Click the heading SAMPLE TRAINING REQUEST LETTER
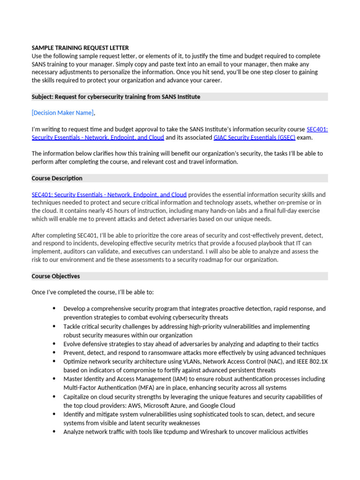point(80,48)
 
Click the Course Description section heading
point(57,178)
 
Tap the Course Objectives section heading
point(56,276)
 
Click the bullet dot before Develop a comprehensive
point(54,308)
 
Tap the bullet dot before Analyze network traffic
point(54,432)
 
